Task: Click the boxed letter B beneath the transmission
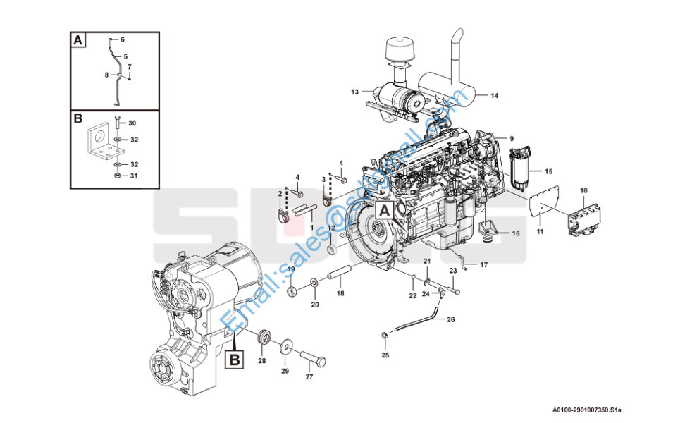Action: pos(235,360)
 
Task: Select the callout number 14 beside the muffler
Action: pos(494,95)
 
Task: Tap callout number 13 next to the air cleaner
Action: pos(355,92)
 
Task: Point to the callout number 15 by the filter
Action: pos(548,171)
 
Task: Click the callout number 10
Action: pos(583,190)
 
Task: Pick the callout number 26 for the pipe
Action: pos(451,319)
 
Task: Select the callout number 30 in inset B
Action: pos(132,123)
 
